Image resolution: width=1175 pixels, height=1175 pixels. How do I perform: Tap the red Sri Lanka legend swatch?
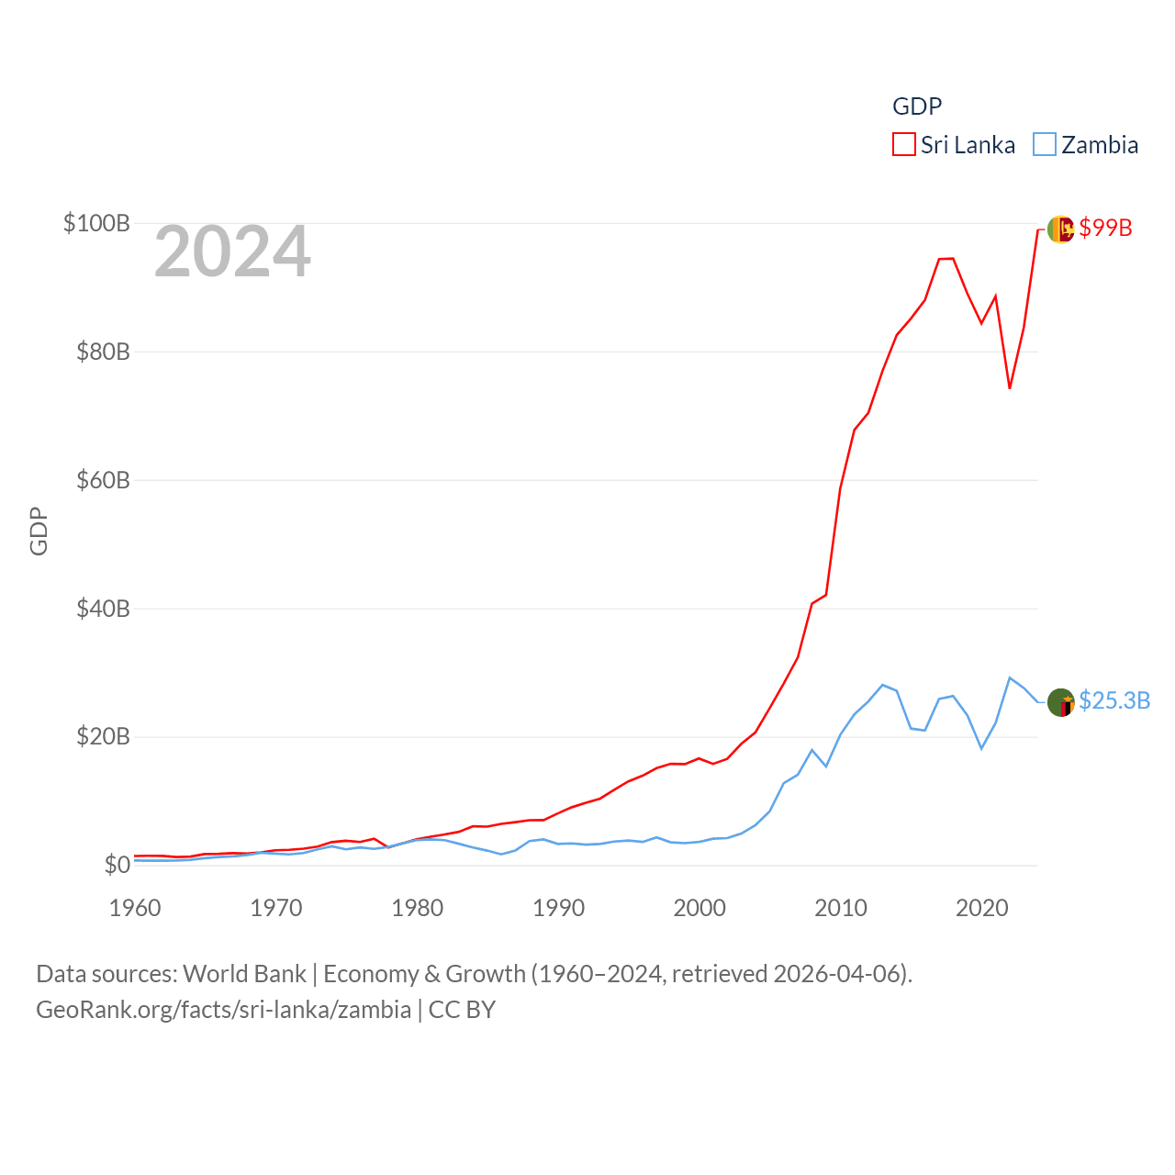click(904, 145)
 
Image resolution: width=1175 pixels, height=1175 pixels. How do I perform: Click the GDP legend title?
click(917, 106)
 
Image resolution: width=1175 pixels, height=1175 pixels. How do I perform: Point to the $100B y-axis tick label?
click(96, 223)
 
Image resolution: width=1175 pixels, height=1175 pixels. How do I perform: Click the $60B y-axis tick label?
click(103, 480)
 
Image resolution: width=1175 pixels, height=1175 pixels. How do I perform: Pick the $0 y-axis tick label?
click(117, 865)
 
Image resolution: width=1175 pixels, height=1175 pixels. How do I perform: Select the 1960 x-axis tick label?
click(135, 908)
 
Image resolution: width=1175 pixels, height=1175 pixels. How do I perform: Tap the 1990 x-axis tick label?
click(558, 908)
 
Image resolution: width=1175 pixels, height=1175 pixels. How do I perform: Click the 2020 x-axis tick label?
click(981, 908)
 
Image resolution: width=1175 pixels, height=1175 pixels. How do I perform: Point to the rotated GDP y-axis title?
click(39, 531)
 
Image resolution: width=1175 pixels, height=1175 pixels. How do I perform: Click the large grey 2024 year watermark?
click(232, 252)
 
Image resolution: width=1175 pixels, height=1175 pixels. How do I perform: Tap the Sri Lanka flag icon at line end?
click(1060, 229)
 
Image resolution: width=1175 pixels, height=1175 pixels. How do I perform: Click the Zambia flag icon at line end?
click(1060, 702)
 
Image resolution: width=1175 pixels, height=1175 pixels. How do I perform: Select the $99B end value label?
click(1105, 228)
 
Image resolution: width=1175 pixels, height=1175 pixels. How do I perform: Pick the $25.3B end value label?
click(1114, 700)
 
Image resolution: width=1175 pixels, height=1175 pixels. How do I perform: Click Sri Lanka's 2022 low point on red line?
click(1010, 388)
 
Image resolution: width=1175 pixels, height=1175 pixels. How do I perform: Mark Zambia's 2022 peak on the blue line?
click(1010, 677)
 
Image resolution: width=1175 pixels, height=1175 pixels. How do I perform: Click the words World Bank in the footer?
click(244, 973)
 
